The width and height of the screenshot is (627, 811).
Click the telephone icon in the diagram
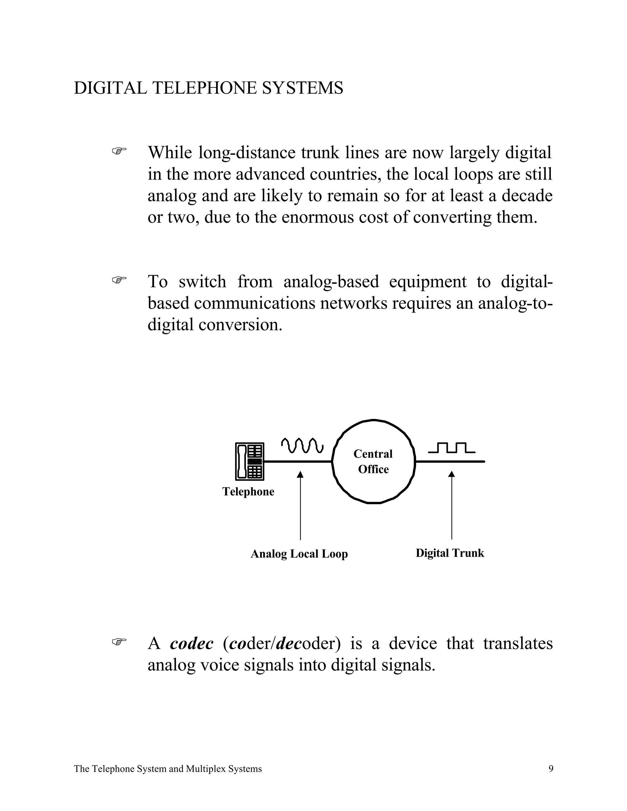click(x=250, y=462)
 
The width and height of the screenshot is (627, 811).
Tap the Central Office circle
click(x=373, y=462)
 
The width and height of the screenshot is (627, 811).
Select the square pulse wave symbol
click(x=451, y=447)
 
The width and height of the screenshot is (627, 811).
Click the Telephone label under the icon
click(x=248, y=492)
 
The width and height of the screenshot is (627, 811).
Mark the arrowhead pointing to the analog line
click(x=300, y=475)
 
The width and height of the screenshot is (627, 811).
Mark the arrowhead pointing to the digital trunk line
click(x=452, y=474)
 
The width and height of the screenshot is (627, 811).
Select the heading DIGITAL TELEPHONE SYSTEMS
click(x=208, y=88)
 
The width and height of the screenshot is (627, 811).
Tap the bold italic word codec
click(x=192, y=644)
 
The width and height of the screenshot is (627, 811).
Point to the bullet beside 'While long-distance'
click(x=119, y=151)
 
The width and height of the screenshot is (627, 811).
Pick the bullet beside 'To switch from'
click(x=119, y=280)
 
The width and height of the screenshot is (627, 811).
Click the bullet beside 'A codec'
click(x=119, y=641)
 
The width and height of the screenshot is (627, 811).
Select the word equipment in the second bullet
click(x=427, y=282)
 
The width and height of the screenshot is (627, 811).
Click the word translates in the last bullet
click(x=518, y=644)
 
